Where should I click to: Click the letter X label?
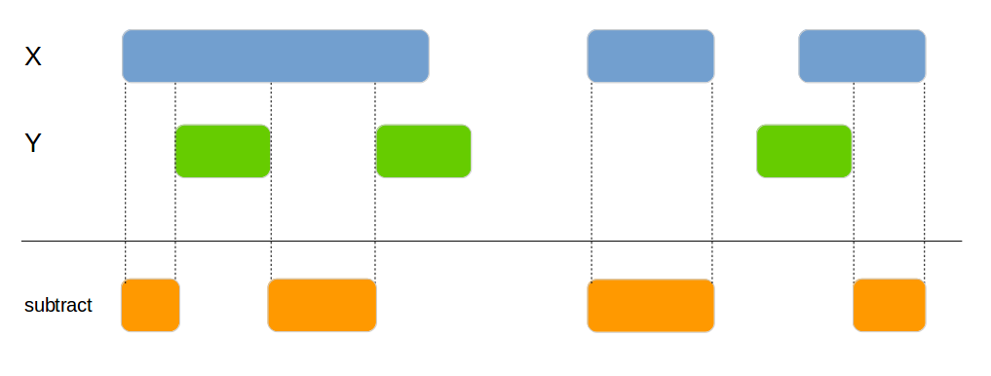click(x=33, y=57)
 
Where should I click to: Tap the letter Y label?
click(x=33, y=144)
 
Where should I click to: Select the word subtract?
click(x=58, y=306)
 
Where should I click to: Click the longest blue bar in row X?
click(x=275, y=56)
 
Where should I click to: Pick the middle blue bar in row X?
click(x=650, y=56)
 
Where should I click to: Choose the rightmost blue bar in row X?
click(x=861, y=56)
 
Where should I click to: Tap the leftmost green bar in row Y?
click(x=222, y=151)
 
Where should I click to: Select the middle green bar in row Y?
click(x=423, y=151)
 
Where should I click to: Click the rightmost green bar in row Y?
click(x=804, y=151)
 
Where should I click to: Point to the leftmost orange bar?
click(x=150, y=305)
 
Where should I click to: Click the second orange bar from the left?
click(x=322, y=305)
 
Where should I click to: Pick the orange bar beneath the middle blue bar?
click(x=650, y=306)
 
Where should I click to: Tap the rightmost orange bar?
click(x=889, y=305)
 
